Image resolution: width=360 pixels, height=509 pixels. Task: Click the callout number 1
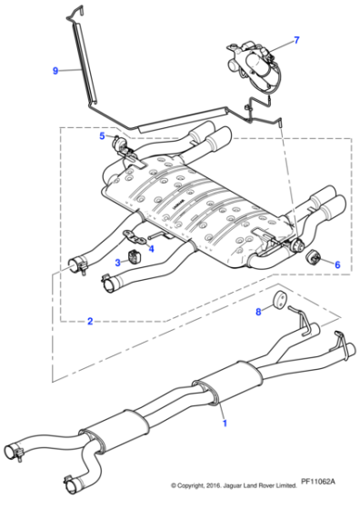coord(225,423)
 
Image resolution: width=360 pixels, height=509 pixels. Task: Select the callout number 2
coord(89,321)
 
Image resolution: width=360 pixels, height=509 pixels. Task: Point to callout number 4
coord(151,248)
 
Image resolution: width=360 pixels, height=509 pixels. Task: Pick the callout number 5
coord(103,136)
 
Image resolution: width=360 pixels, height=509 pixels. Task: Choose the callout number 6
coord(337,264)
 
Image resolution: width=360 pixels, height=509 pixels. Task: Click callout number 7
coord(295,41)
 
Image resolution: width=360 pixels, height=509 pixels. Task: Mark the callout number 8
coord(258,312)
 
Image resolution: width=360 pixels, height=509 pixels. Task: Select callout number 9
coord(55,70)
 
